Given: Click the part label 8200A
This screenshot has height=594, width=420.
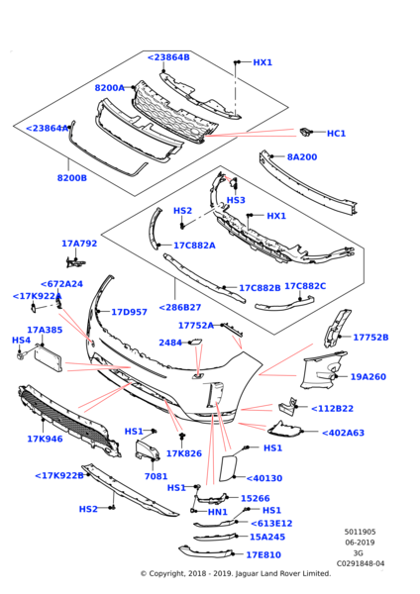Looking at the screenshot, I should tap(109, 88).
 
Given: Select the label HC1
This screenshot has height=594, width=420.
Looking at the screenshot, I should tap(336, 134).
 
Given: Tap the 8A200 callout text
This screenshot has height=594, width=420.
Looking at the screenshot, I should tap(301, 157).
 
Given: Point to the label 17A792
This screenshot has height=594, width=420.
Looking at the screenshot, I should tap(78, 244).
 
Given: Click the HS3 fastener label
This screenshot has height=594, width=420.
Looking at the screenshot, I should tap(236, 201).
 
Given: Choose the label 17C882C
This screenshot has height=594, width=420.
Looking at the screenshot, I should tap(304, 287).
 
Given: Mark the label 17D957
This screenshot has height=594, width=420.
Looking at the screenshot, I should tap(129, 312).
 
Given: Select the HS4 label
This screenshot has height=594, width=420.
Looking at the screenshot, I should tap(21, 341).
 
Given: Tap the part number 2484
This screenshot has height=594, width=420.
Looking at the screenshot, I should tap(170, 344).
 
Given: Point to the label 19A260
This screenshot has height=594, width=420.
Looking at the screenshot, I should tap(367, 377).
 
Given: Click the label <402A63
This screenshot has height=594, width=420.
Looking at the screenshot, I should tap(343, 433).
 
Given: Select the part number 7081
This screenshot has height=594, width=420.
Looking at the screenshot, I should tap(156, 476).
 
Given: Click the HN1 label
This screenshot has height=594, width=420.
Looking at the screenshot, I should tap(217, 512).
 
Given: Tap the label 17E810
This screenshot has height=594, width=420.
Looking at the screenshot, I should tap(264, 555).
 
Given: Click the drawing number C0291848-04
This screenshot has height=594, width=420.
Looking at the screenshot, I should tap(360, 563).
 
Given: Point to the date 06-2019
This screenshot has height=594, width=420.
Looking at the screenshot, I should tap(360, 544).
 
